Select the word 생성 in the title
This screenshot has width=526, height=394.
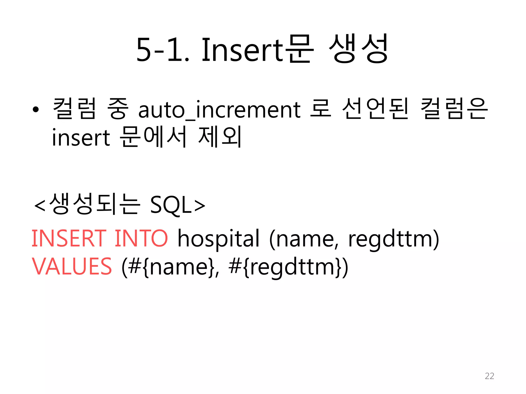358,49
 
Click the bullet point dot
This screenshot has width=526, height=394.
36,110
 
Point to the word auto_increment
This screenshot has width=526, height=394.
219,110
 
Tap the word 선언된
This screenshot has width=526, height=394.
375,109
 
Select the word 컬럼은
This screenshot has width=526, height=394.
454,109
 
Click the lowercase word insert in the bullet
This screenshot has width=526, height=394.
81,137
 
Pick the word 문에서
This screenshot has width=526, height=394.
153,137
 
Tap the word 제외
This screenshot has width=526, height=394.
220,137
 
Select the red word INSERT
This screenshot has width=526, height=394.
69,239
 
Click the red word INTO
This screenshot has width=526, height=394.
141,239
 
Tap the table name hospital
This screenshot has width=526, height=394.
218,239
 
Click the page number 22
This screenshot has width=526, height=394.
489,376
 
